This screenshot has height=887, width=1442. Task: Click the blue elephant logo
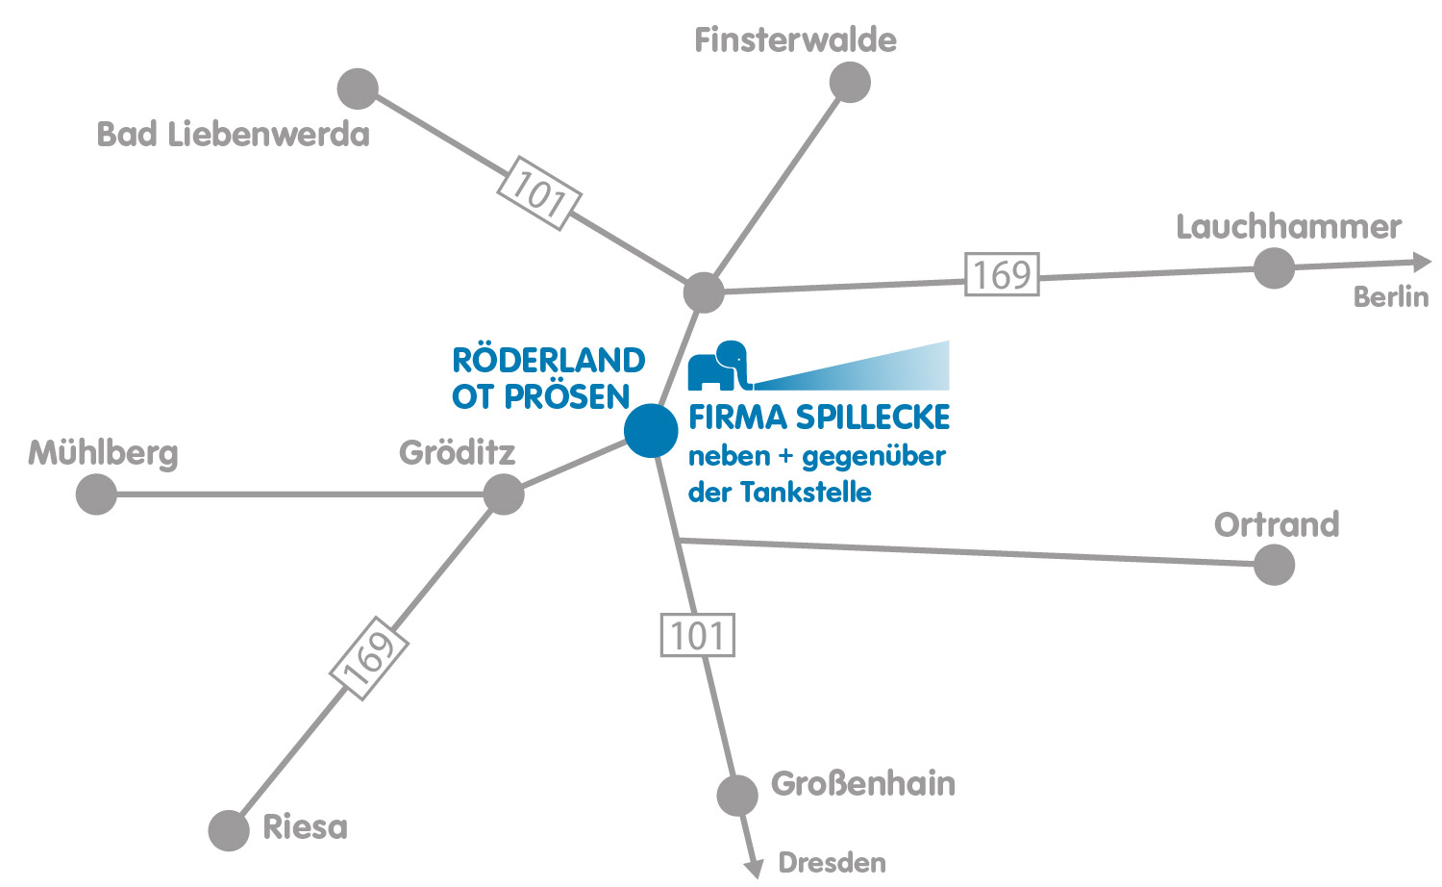[x=719, y=366]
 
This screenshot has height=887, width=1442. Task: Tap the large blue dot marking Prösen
[x=651, y=430]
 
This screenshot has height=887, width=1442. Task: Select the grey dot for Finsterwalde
[x=850, y=82]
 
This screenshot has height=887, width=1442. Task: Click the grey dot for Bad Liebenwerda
[x=358, y=89]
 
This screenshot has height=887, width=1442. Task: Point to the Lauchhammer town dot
[x=1274, y=267]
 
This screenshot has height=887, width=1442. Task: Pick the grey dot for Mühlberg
[x=96, y=494]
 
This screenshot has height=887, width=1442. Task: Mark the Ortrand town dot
[x=1274, y=565]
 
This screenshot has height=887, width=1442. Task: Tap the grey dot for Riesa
[x=229, y=830]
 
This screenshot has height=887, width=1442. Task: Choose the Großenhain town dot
[x=737, y=795]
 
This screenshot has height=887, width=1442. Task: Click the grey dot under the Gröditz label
[x=504, y=494]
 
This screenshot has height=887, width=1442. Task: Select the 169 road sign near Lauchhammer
[x=1002, y=274]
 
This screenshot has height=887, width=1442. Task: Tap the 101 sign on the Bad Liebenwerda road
[x=538, y=192]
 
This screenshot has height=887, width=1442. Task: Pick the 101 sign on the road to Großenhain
[x=698, y=635]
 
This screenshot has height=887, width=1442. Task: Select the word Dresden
[x=832, y=863]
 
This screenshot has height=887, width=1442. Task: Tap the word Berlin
[x=1390, y=297]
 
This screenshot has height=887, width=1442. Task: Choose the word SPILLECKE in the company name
[x=873, y=418]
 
